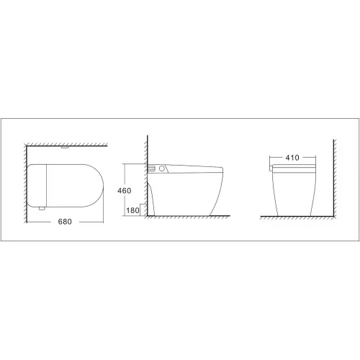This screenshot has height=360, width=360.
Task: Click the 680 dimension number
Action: [65, 222]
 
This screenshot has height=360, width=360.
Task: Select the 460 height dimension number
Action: [125, 191]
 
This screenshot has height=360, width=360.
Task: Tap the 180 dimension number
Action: [132, 210]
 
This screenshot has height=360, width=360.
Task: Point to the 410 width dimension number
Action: [292, 158]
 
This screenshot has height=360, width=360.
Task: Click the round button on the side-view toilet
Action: [162, 168]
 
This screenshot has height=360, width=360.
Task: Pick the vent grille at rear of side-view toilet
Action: [151, 168]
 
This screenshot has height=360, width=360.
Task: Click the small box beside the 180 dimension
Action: [143, 210]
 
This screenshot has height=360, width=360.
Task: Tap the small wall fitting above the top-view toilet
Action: [65, 147]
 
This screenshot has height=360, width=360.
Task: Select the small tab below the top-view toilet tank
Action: [42, 208]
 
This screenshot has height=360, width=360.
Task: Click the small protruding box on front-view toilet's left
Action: [271, 168]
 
